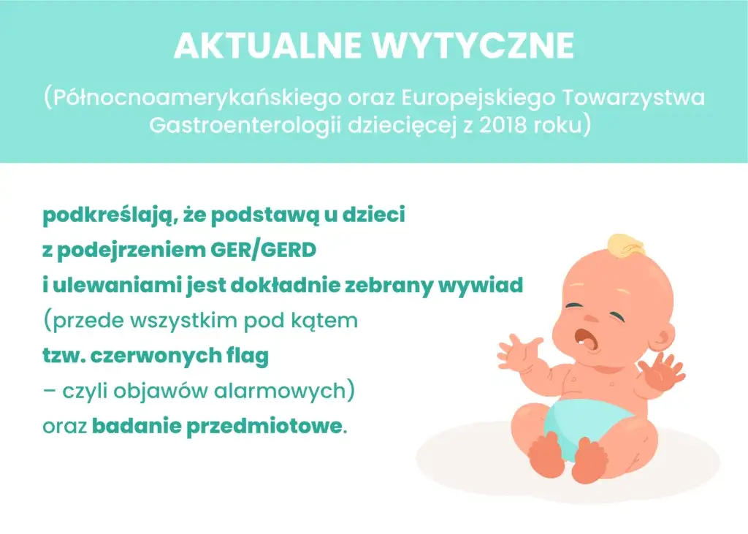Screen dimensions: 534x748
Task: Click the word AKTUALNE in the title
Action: [268, 47]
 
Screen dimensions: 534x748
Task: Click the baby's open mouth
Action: [584, 337]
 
